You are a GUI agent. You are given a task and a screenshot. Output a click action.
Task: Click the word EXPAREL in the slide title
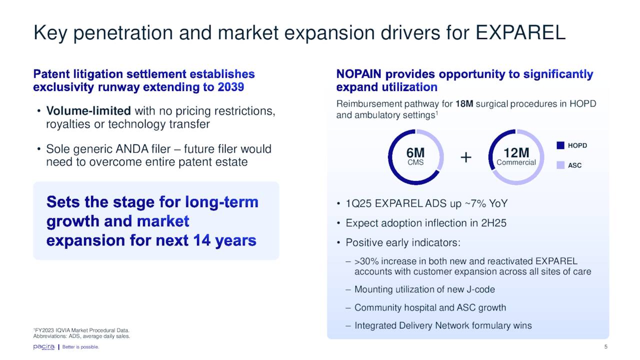[x=520, y=32]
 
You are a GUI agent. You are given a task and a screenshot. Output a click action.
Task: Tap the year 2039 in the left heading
[x=231, y=87]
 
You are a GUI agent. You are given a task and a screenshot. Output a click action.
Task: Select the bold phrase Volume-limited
[x=88, y=111]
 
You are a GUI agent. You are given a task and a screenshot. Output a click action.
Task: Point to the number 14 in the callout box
[x=202, y=240]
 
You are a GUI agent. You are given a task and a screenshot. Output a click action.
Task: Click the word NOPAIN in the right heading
[x=358, y=74]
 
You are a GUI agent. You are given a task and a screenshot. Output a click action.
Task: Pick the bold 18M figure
[x=464, y=103]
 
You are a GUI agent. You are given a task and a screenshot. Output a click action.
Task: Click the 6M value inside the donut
[x=415, y=153]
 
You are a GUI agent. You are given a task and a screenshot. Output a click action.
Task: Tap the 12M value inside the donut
[x=516, y=153]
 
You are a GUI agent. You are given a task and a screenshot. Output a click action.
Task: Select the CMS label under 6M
[x=415, y=162]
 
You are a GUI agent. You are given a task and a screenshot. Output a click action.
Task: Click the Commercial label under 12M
[x=516, y=162]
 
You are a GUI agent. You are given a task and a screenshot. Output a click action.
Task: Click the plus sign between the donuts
[x=466, y=157]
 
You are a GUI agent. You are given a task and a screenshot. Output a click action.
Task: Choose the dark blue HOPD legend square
[x=560, y=145]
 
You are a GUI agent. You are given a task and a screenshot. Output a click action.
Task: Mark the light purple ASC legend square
[x=560, y=165]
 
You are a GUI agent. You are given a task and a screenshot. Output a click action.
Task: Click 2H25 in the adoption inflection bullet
[x=493, y=223]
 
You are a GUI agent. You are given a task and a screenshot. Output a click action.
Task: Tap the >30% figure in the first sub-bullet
[x=366, y=261]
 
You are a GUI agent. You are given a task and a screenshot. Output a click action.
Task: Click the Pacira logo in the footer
[x=43, y=347]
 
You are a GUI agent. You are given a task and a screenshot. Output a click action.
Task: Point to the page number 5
[x=605, y=347]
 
